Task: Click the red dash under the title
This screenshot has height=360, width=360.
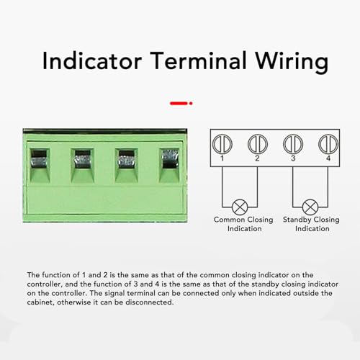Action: pos(179,104)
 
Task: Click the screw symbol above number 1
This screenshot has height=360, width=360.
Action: pos(225,142)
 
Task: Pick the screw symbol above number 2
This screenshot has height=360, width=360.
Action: pos(257,142)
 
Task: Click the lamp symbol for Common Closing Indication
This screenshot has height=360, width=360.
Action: pos(240,204)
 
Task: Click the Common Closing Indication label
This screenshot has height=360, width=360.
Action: pos(240,223)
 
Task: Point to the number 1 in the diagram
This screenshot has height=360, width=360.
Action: pos(224,157)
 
